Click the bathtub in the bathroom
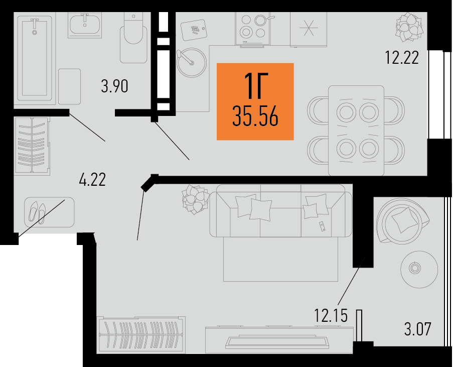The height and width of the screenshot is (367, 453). coord(35,58)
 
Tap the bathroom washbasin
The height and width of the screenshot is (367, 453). coord(85,25)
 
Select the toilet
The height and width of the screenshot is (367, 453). coord(133,38)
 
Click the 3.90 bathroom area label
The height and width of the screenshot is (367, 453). coord(114,86)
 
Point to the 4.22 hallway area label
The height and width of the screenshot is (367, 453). coord(92,179)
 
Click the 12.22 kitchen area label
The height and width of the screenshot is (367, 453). coord(402,57)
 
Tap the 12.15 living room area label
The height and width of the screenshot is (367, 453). coord(331,315)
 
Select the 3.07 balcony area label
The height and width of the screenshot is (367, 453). coord(417,329)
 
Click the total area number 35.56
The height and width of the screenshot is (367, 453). coord(255,116)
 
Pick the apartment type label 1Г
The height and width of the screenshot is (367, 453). coord(256,86)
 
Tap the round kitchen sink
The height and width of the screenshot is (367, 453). coord(192,62)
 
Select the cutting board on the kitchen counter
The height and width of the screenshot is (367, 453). coord(194,30)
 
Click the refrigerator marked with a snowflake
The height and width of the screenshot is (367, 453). coord(309,29)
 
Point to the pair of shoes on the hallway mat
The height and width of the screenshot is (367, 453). coord(37,212)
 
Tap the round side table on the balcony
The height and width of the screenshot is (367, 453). coord(419,269)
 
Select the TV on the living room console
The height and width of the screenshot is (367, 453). coord(277,341)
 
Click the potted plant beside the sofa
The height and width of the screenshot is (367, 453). coord(195,199)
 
